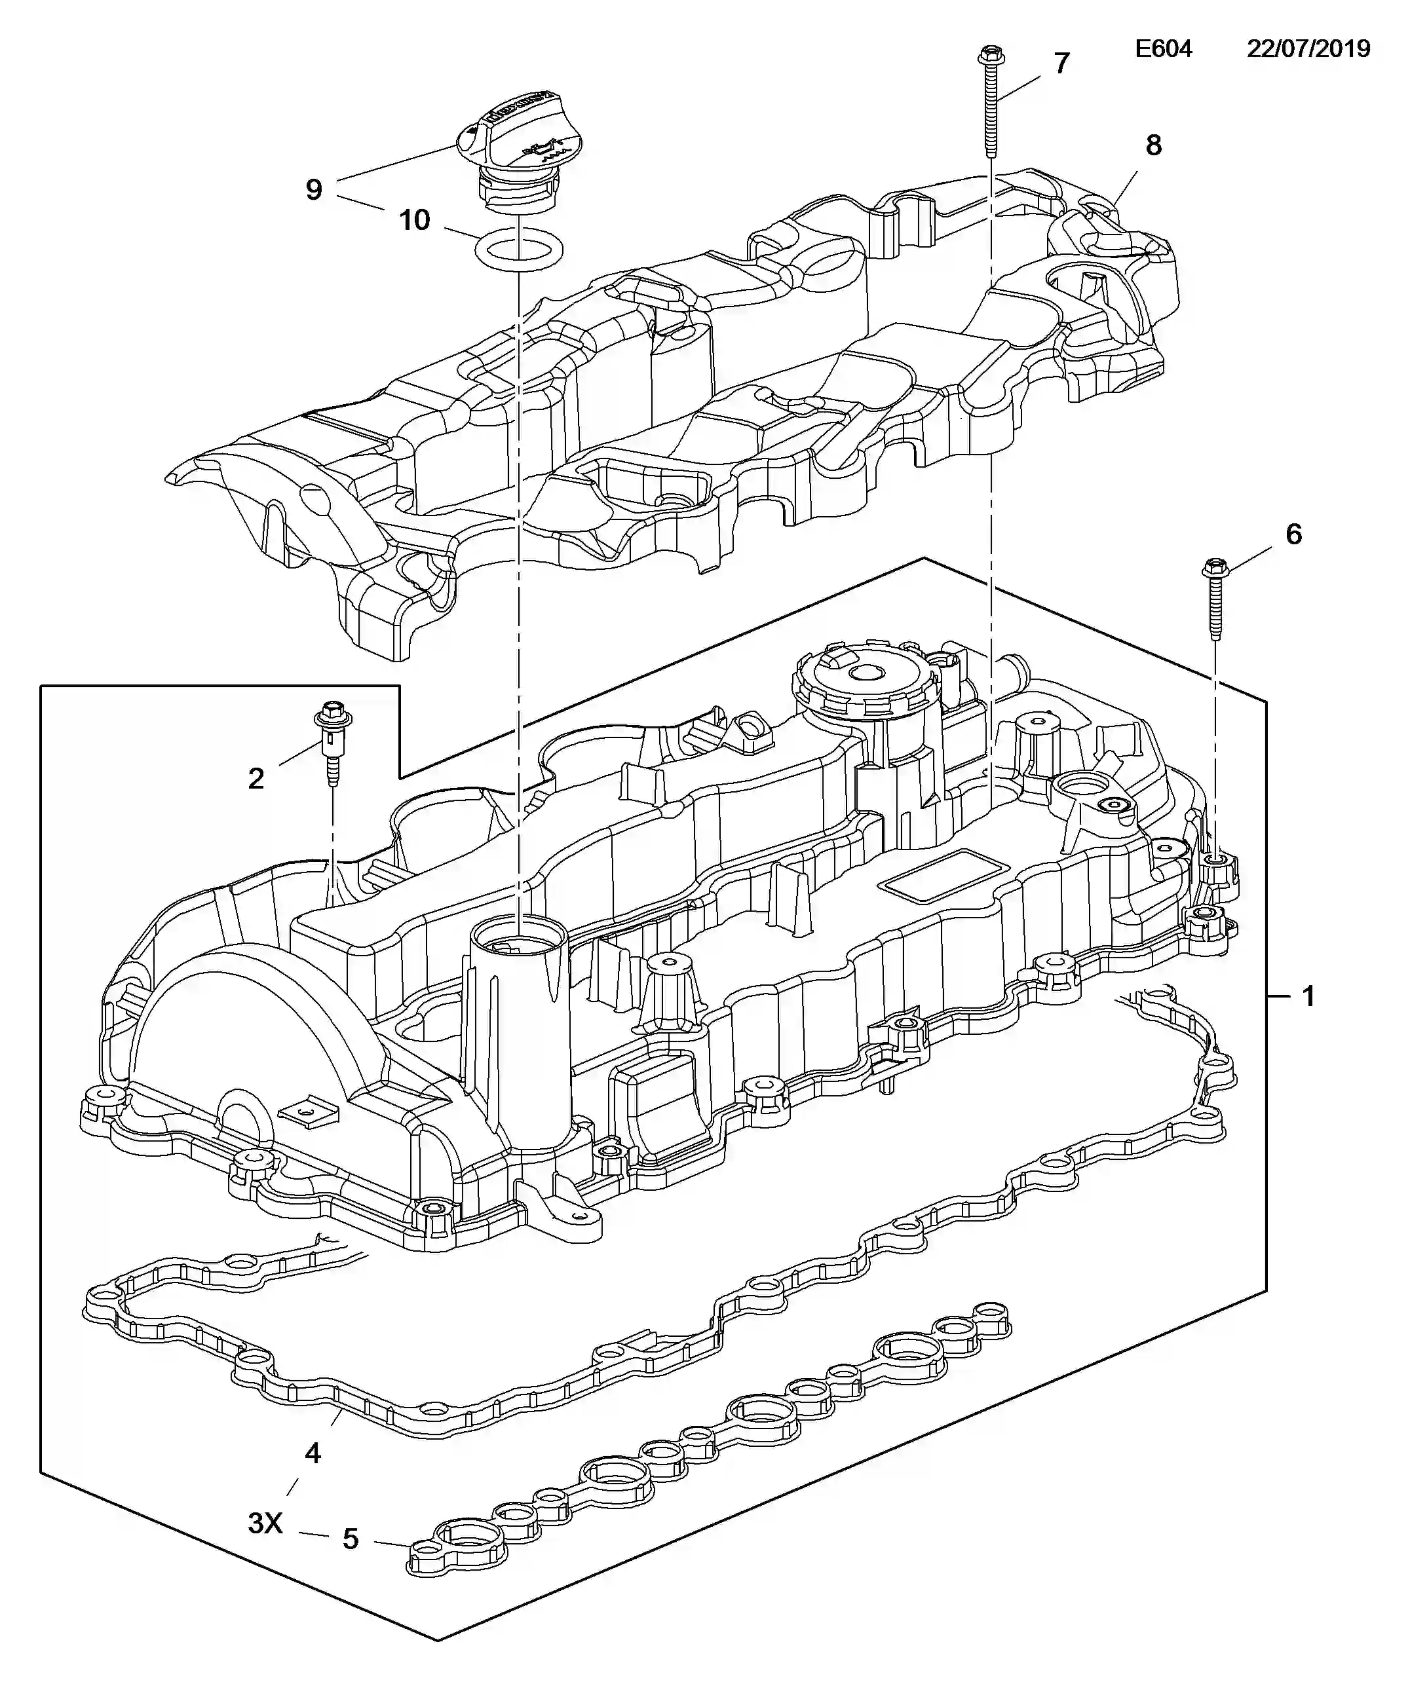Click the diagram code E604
[1163, 49]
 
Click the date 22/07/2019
[1308, 49]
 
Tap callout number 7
[1061, 64]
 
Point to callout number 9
[314, 190]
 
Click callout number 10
[414, 219]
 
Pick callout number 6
[1293, 534]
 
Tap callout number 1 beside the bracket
[1308, 996]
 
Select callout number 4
[313, 1453]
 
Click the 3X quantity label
[265, 1523]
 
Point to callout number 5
[350, 1539]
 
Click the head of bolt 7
[992, 56]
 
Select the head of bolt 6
[1215, 569]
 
